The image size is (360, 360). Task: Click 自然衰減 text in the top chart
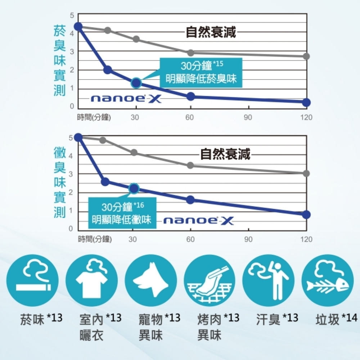click(x=211, y=32)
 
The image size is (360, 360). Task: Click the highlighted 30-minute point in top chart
click(x=136, y=83)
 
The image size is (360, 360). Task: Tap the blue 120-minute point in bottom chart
click(x=306, y=215)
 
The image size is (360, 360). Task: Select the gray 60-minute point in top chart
click(x=190, y=53)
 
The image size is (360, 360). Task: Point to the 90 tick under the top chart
click(x=248, y=118)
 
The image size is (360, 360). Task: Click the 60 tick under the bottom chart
click(x=190, y=239)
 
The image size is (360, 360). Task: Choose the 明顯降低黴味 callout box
click(x=121, y=213)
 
